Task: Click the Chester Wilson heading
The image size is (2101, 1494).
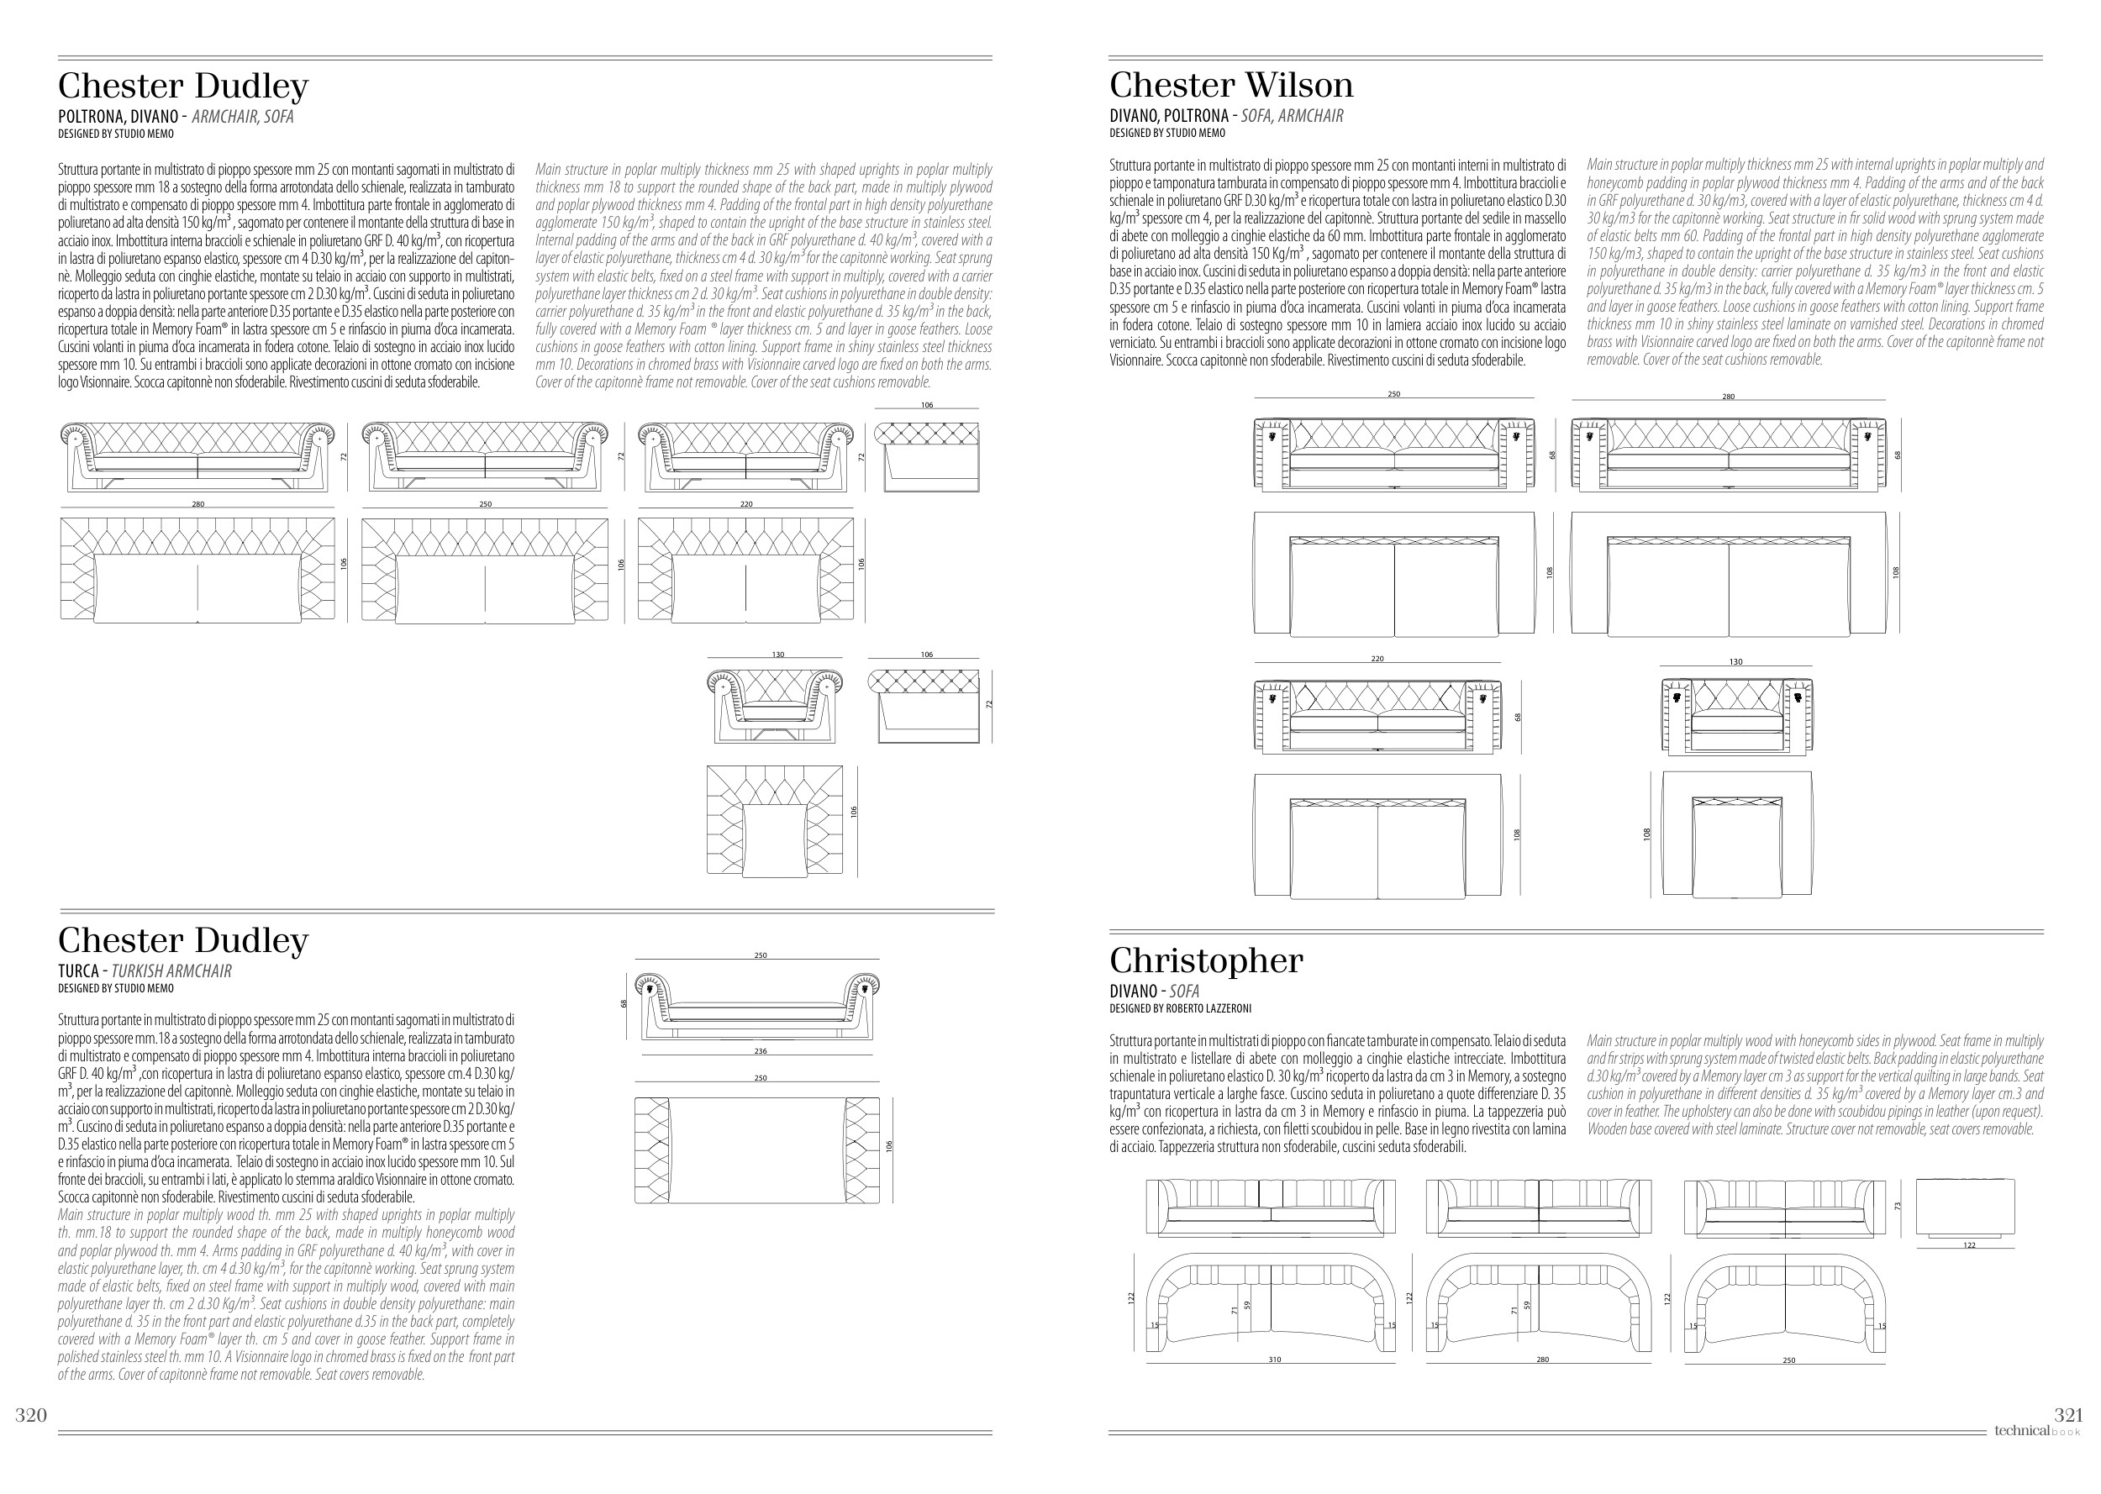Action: pos(1231,86)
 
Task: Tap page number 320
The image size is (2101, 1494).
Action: pos(30,1415)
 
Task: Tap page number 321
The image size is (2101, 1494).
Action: pos(2068,1415)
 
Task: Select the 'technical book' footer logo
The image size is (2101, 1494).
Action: pos(2035,1430)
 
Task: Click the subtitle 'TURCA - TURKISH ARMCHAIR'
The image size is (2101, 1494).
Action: pos(145,971)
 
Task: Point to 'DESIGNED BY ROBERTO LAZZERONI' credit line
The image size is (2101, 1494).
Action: pos(1180,1008)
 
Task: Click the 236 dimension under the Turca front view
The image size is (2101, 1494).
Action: pos(760,1050)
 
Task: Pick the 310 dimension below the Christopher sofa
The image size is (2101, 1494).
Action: pos(1274,1360)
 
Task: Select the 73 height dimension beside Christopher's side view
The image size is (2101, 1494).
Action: pos(1897,1206)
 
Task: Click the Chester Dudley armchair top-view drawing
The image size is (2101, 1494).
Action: pos(774,819)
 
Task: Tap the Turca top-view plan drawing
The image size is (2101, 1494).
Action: pos(757,1150)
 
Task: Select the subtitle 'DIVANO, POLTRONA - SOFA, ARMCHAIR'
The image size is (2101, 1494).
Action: pos(1225,116)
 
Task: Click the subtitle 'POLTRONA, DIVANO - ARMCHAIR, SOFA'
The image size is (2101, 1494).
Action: pos(176,117)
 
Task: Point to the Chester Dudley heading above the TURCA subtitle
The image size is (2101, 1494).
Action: pos(183,940)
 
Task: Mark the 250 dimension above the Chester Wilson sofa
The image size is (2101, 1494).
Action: pos(1393,395)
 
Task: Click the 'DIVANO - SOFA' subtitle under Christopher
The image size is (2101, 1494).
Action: pos(1154,991)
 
